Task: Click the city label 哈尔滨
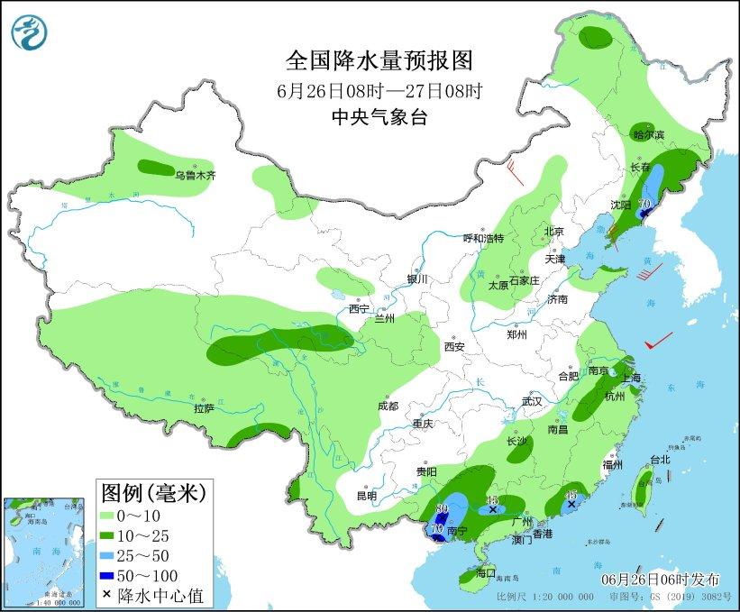(x=648, y=135)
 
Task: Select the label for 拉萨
(x=204, y=408)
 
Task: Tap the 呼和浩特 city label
(x=483, y=238)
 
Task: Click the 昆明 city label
(x=367, y=495)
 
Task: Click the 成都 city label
(x=388, y=406)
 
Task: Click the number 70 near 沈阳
(x=644, y=204)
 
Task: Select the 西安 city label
(x=453, y=346)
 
